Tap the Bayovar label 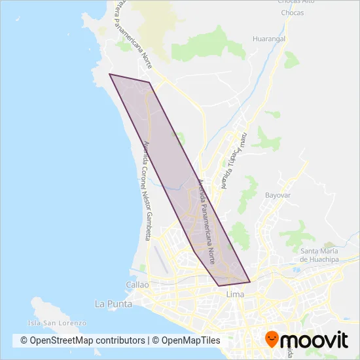(278, 195)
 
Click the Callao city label (137, 285)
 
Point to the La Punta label (113, 304)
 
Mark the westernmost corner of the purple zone (109, 75)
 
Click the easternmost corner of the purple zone (250, 282)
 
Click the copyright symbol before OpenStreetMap (24, 340)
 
